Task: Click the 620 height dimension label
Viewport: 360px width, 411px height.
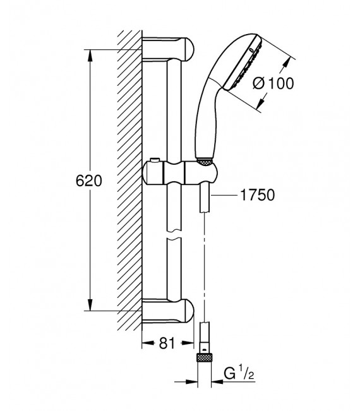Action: [88, 180]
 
